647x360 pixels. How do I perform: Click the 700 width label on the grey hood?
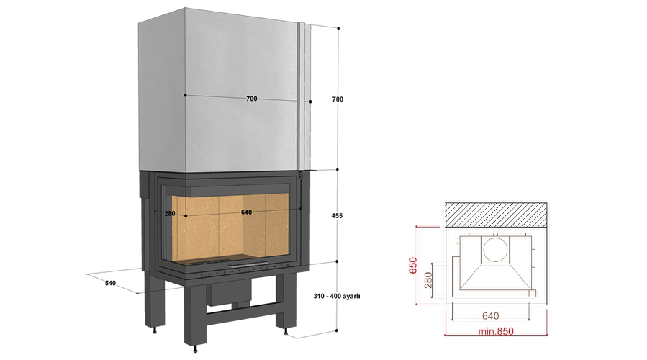pyautogui.click(x=251, y=99)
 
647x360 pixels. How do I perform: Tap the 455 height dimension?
pyautogui.click(x=338, y=215)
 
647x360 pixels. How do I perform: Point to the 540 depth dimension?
pyautogui.click(x=110, y=283)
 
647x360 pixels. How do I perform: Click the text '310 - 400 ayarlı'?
pyautogui.click(x=337, y=296)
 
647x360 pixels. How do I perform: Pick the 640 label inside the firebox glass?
pyautogui.click(x=246, y=212)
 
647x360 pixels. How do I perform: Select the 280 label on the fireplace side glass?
pyautogui.click(x=170, y=213)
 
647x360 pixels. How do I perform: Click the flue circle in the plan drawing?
pyautogui.click(x=494, y=250)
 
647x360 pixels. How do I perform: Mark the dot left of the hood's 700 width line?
pyautogui.click(x=186, y=95)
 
